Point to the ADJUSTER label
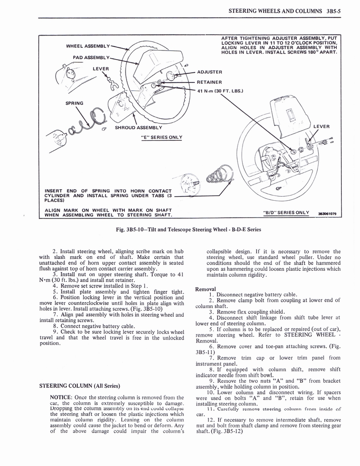[209, 72]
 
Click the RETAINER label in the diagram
[209, 82]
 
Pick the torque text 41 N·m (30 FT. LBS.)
[220, 91]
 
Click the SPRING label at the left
[74, 103]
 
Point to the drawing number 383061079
[326, 213]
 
